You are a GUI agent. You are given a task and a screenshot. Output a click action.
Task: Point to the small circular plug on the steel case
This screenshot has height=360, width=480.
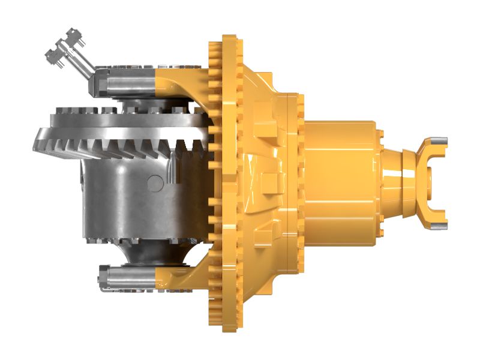coord(155,181)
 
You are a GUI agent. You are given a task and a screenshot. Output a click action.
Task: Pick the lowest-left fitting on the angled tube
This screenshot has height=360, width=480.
coord(52,55)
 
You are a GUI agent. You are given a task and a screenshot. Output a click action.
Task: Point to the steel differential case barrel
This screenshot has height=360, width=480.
coord(120,192)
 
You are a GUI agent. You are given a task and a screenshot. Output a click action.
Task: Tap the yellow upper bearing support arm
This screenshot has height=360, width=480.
coord(180,84)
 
